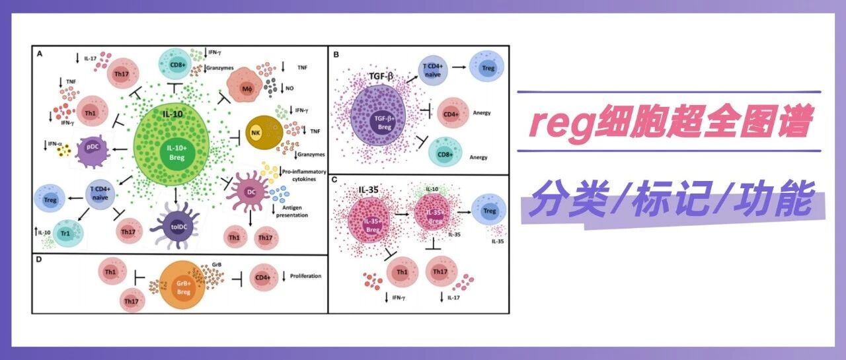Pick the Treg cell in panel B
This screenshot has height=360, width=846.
486,68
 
